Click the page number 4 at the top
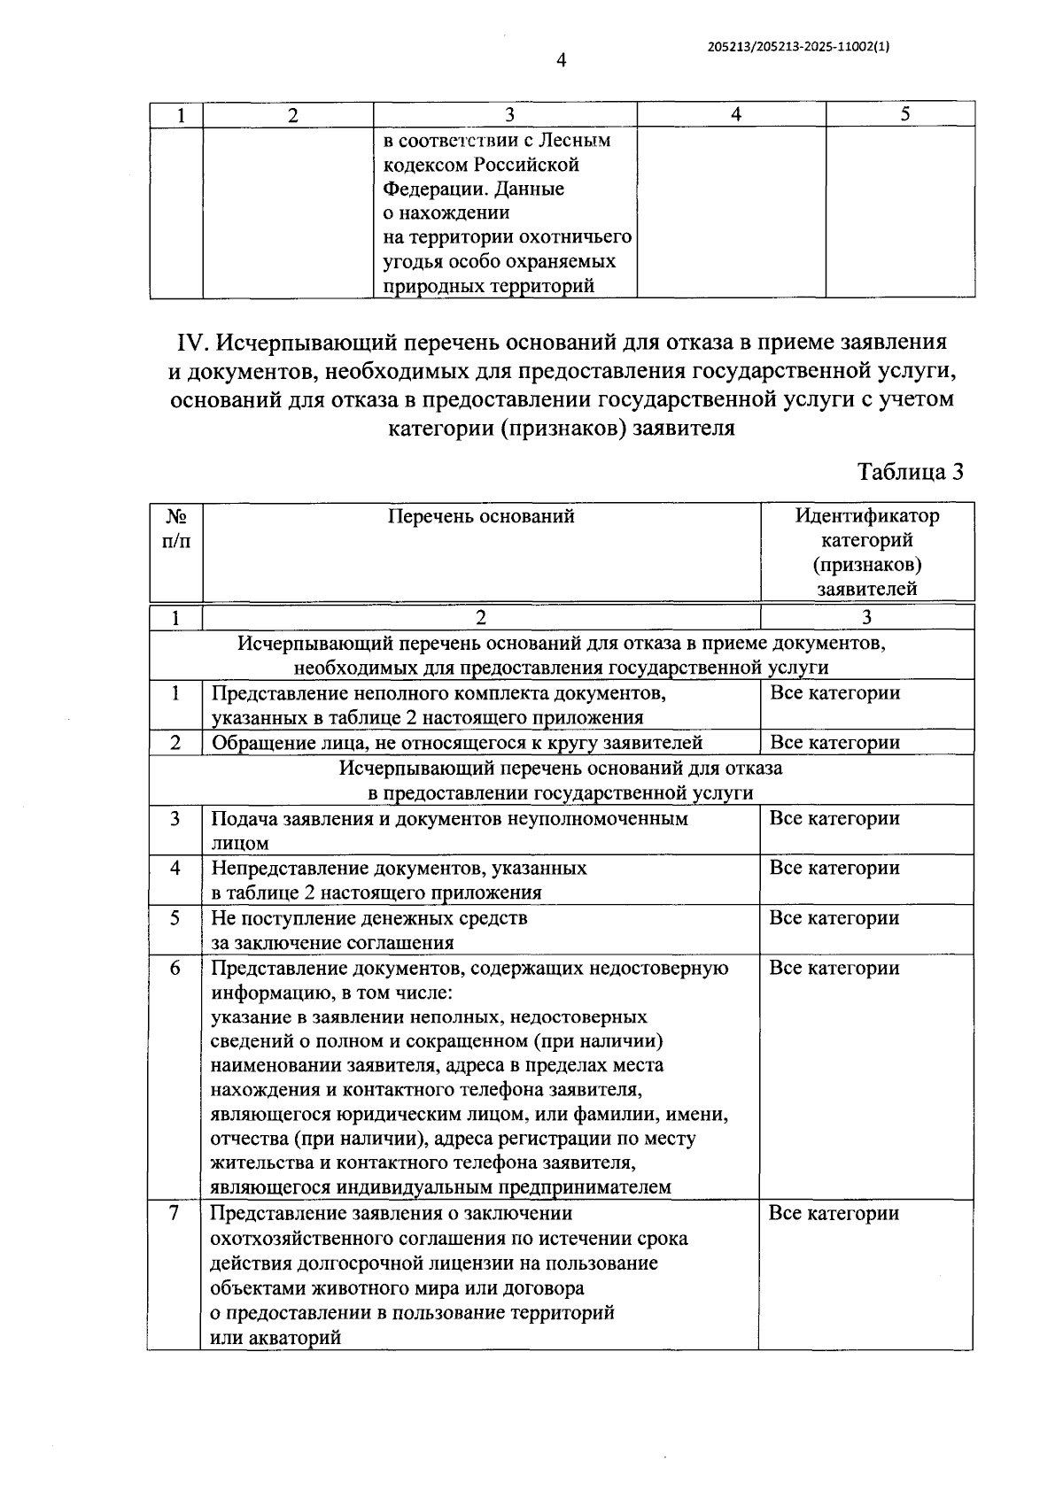point(560,60)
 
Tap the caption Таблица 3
point(910,472)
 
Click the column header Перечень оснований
point(481,516)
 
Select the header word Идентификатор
point(866,515)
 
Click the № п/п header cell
point(176,528)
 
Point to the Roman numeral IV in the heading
point(193,343)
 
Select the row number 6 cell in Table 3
point(175,968)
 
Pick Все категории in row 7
point(834,1214)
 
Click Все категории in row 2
point(834,743)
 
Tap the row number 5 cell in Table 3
point(175,918)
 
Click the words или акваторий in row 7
point(275,1338)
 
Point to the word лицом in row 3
point(239,844)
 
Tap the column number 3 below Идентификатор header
point(866,618)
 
